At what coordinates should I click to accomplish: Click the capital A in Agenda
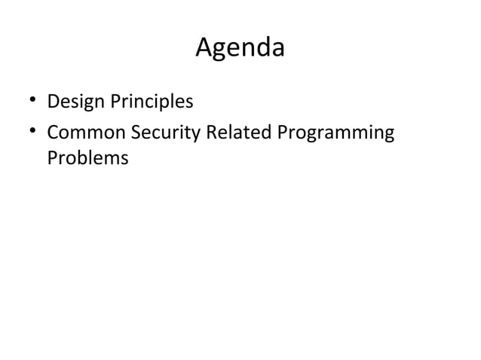tap(204, 48)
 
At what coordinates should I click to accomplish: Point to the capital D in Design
tap(53, 101)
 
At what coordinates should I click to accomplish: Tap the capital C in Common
tap(53, 134)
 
